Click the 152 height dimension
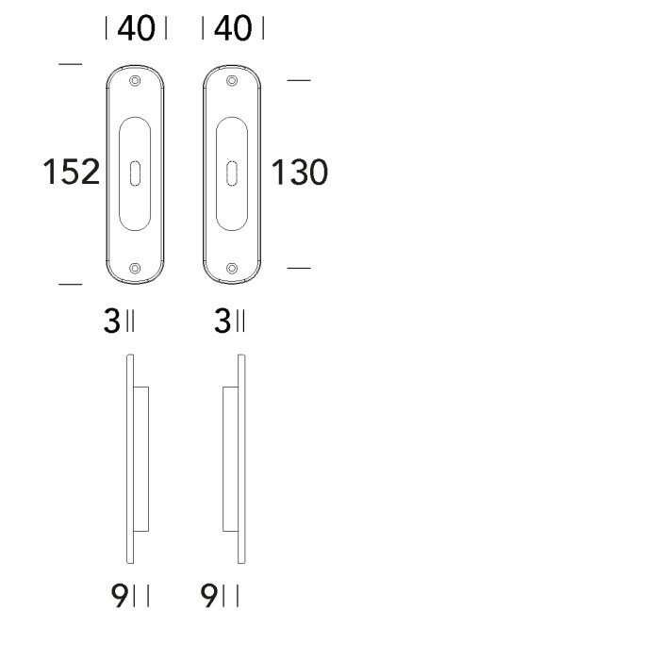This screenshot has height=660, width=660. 72,173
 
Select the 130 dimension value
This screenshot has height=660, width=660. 300,173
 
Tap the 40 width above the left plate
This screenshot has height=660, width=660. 137,29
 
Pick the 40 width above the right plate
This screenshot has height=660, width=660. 232,29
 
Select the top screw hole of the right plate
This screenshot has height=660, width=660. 232,80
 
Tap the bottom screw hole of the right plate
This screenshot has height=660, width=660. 232,269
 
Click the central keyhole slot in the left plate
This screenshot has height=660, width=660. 137,173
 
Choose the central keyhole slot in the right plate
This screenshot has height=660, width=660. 232,173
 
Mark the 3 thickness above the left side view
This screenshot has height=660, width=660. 111,322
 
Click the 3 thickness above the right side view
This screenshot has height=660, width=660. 223,322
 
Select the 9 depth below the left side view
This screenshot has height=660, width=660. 120,596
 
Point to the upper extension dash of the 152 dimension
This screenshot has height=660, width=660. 70,64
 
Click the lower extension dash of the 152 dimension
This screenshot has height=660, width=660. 70,283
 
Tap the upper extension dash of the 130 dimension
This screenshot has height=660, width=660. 298,80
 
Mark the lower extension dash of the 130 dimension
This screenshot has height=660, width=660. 298,269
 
